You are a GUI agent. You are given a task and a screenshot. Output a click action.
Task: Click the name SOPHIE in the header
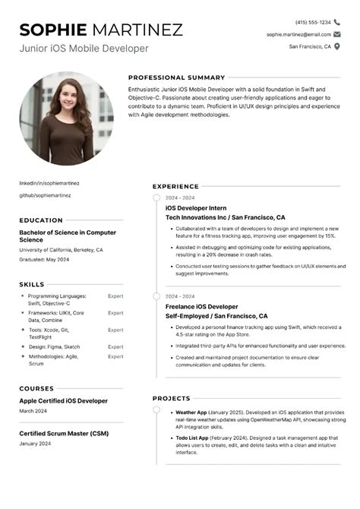click(53, 30)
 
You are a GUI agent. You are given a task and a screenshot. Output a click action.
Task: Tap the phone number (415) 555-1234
click(313, 22)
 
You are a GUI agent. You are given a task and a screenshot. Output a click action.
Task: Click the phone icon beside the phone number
click(337, 22)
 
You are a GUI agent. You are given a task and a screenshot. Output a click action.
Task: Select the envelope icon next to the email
click(337, 34)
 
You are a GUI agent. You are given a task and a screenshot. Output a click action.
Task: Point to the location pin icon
click(337, 46)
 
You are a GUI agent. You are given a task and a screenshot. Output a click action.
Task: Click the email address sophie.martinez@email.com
click(298, 34)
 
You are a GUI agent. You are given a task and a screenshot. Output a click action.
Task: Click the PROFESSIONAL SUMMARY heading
click(176, 77)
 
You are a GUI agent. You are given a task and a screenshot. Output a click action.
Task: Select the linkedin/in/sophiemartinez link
click(49, 183)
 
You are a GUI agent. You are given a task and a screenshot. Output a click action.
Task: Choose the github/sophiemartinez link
click(45, 195)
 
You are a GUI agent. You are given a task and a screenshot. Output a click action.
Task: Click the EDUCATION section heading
click(41, 220)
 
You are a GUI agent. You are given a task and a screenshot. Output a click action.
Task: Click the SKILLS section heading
click(32, 284)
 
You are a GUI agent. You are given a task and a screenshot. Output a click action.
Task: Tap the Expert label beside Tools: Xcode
click(115, 330)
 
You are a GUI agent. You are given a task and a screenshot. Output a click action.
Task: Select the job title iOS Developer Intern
click(196, 207)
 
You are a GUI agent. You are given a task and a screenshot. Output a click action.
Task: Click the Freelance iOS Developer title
click(201, 306)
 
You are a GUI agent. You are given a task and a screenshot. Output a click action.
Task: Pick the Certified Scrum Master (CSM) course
click(63, 434)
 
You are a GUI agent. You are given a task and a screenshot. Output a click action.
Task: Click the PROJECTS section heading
click(171, 398)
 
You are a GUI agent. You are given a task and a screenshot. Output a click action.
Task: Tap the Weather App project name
click(191, 412)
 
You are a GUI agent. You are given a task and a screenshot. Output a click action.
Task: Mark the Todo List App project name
click(193, 438)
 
